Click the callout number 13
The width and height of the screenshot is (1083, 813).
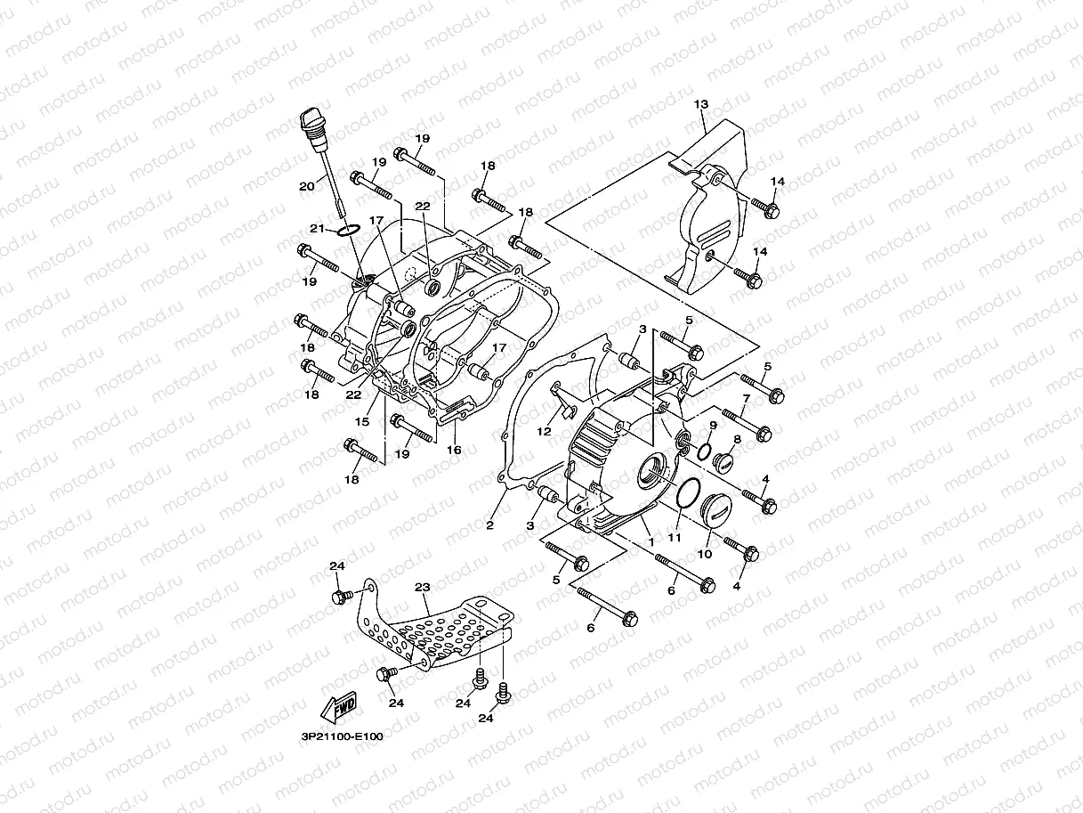coord(701,105)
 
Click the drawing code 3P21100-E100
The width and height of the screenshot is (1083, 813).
coord(342,736)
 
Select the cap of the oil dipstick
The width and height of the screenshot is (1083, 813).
coord(311,120)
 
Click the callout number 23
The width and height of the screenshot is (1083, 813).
coord(422,587)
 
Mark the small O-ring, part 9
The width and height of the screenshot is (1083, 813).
coord(704,451)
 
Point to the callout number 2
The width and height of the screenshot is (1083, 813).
coord(489,525)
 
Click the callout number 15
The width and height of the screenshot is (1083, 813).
coord(363,421)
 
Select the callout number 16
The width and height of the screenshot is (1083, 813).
coord(454,451)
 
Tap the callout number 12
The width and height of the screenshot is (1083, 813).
coord(545,432)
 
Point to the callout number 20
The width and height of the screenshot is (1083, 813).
coord(306,186)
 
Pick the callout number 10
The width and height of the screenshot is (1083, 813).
coord(704,554)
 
